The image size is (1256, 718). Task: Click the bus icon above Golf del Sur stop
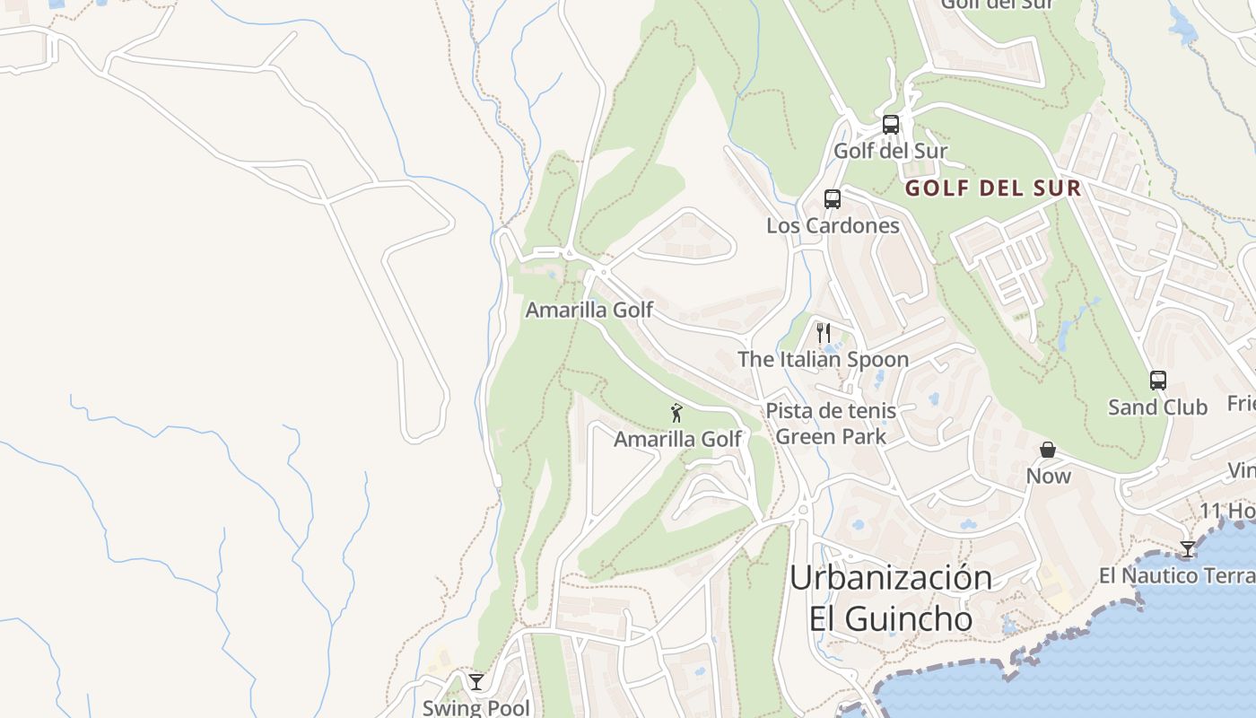click(x=890, y=125)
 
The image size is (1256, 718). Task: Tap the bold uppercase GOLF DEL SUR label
click(x=993, y=188)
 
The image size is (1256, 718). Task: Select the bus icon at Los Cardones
click(x=833, y=199)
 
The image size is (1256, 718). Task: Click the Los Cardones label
click(x=833, y=225)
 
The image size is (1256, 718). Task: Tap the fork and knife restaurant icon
click(x=824, y=333)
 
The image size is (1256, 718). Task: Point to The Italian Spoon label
click(x=823, y=359)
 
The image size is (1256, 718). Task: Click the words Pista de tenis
click(x=830, y=411)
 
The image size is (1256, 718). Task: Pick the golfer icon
click(x=677, y=413)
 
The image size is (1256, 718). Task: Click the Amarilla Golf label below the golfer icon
click(x=677, y=439)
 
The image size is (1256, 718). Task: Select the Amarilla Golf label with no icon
click(x=589, y=310)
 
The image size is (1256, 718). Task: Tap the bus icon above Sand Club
click(x=1158, y=381)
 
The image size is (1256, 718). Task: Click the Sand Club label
click(x=1157, y=407)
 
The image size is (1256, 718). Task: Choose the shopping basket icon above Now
click(x=1048, y=450)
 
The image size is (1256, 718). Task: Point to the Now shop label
click(x=1049, y=476)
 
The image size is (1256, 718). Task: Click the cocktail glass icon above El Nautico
click(x=1188, y=549)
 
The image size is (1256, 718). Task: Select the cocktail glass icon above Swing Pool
click(x=476, y=682)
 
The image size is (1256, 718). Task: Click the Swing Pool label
click(x=476, y=707)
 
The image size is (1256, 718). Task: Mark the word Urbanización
click(x=890, y=577)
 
